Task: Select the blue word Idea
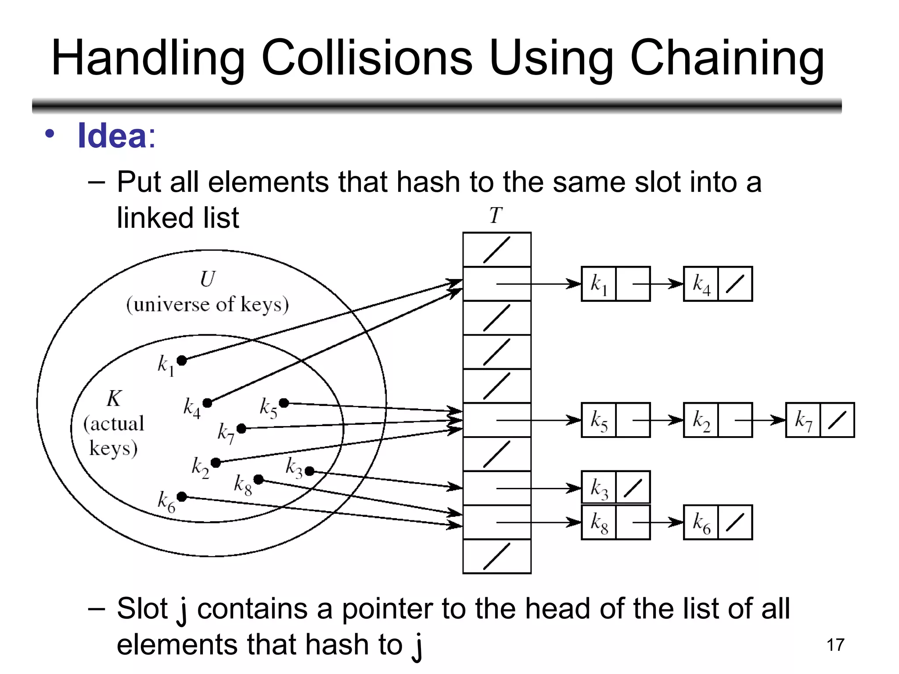[x=112, y=136]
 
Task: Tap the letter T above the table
[x=496, y=215]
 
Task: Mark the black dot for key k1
[x=182, y=361]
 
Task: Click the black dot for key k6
[x=182, y=497]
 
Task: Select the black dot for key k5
[x=284, y=403]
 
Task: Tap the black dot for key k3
[x=309, y=471]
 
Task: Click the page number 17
[x=835, y=645]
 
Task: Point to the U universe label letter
[x=208, y=279]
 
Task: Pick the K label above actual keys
[x=114, y=399]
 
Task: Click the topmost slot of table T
[x=497, y=250]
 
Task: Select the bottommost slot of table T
[x=497, y=556]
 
